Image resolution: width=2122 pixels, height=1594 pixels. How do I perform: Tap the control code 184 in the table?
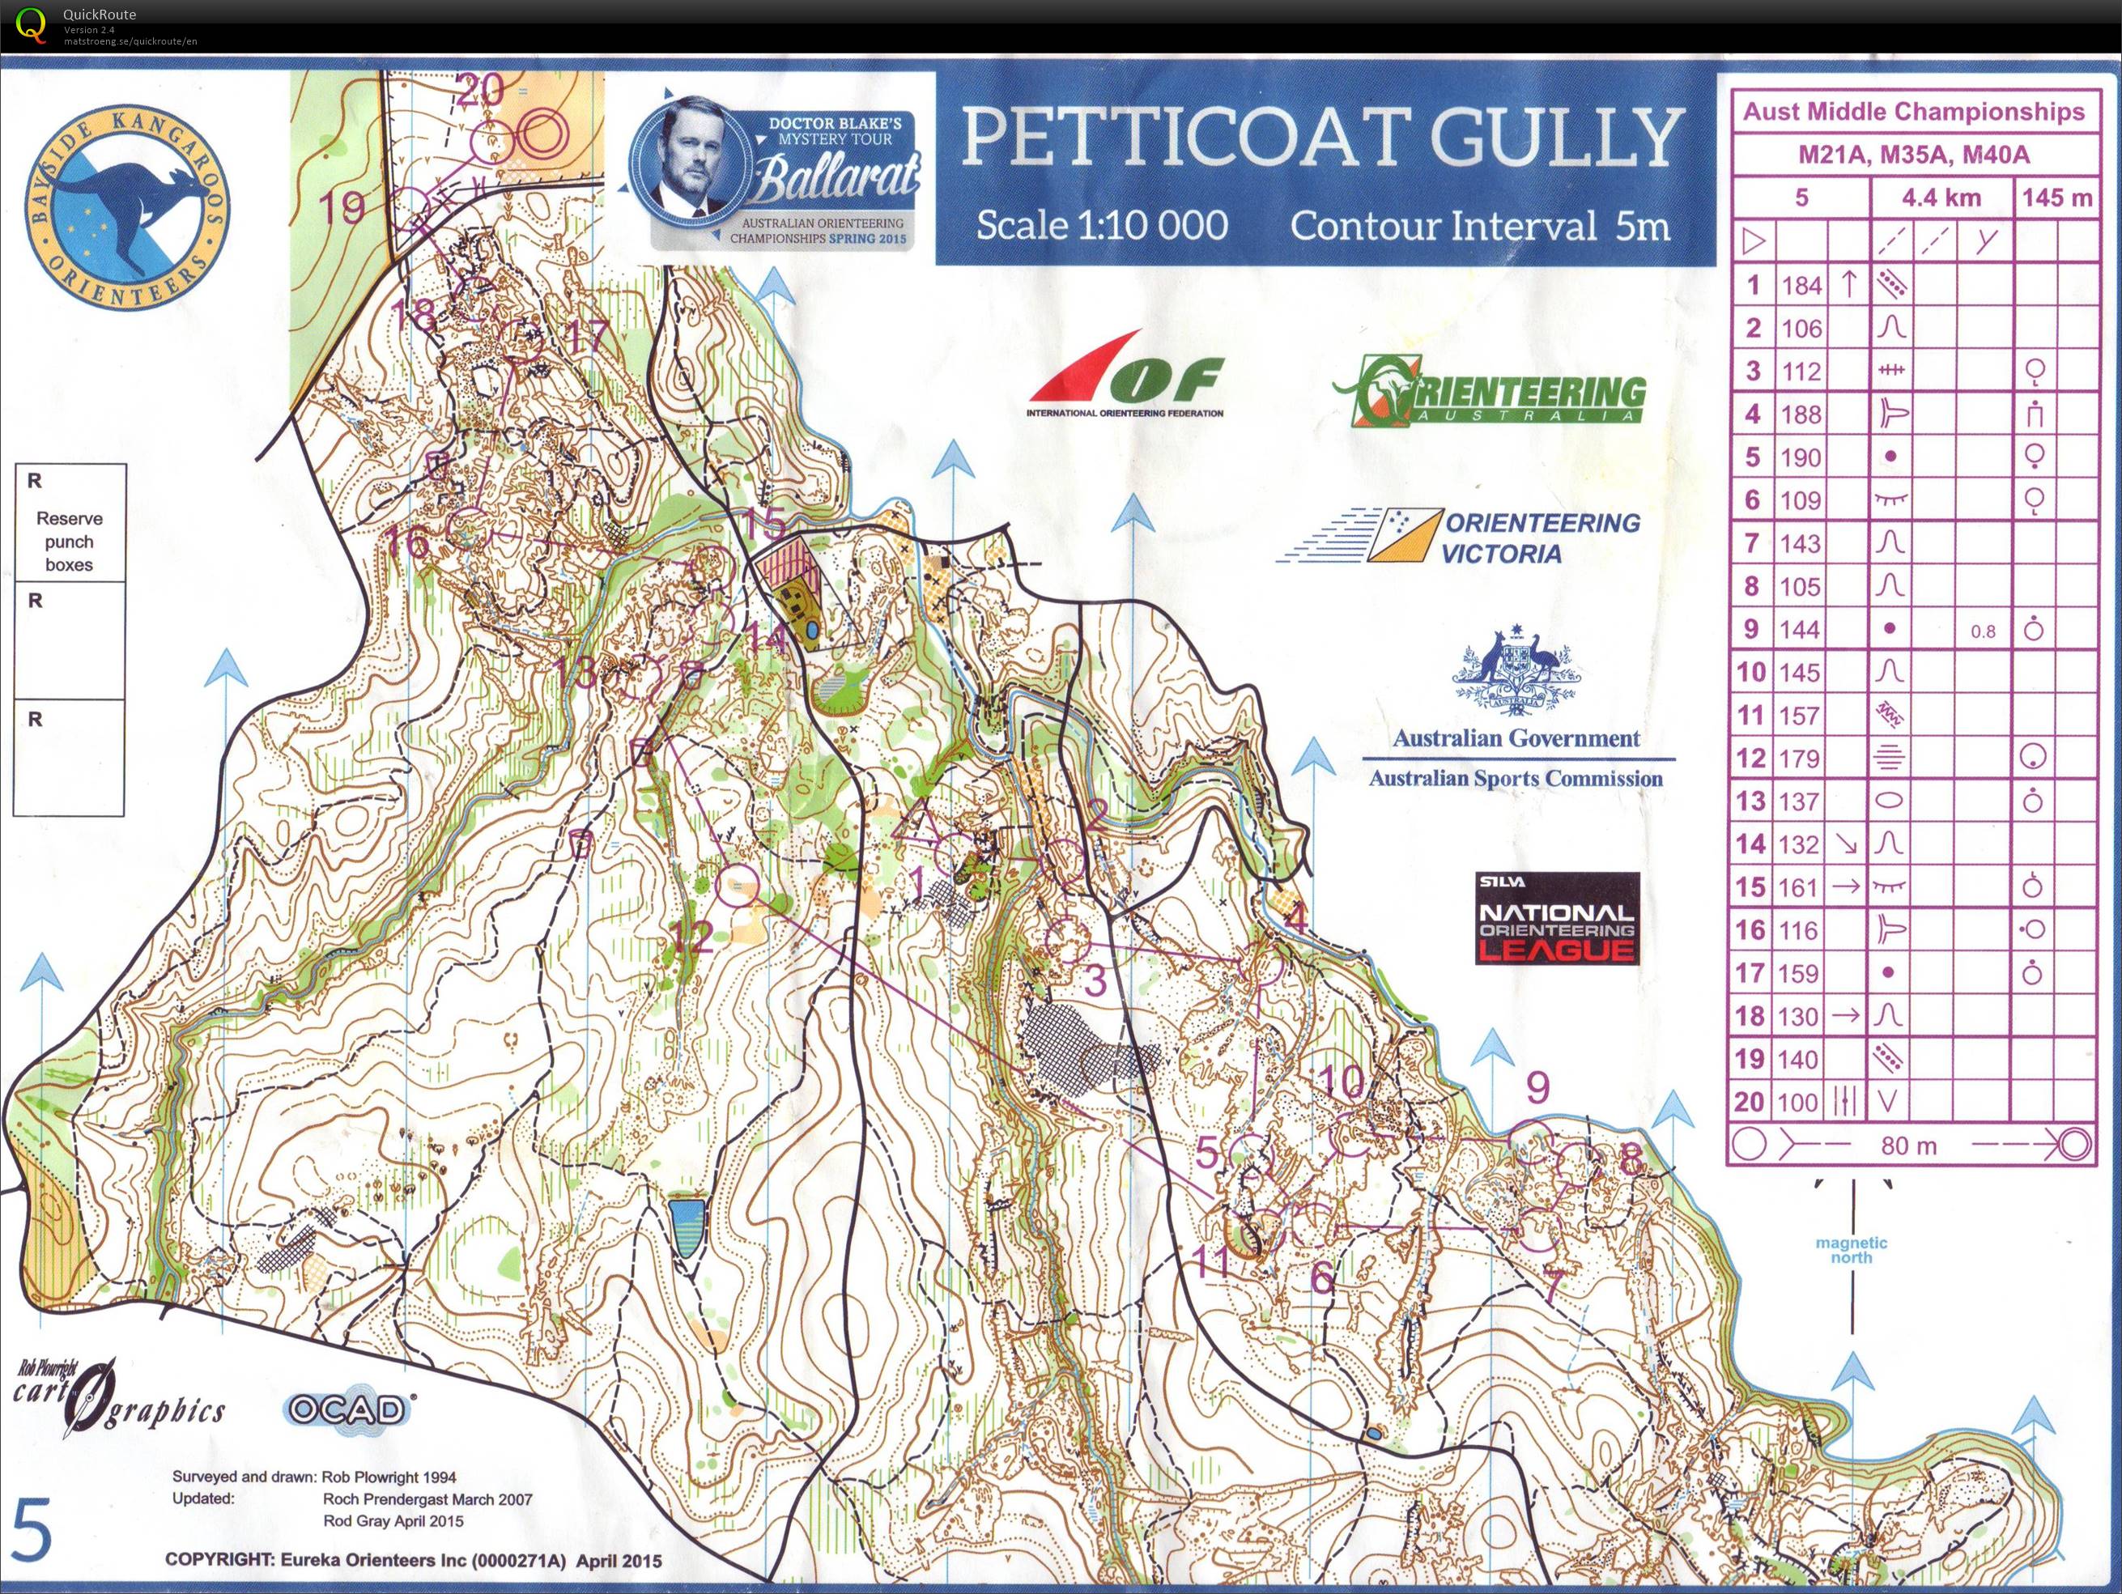(1801, 285)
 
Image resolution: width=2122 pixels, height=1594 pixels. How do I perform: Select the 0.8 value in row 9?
(1982, 631)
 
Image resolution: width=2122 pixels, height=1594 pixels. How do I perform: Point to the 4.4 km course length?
(1941, 198)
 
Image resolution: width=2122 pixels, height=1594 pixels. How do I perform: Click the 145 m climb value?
(2056, 198)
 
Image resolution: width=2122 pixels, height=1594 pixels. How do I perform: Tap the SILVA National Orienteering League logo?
(1556, 918)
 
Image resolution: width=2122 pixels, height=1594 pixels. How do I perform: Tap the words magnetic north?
(1851, 1250)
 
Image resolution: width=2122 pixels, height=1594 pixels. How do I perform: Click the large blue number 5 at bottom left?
(31, 1532)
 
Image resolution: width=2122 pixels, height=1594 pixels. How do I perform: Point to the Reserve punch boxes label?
(69, 541)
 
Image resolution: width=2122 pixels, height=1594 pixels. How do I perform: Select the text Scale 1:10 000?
(1101, 225)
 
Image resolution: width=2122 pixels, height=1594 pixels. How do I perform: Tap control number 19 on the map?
(341, 206)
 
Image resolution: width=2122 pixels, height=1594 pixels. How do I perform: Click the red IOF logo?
(1127, 379)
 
